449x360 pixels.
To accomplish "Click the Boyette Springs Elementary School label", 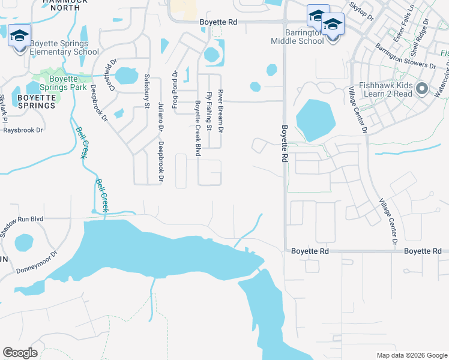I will coord(64,47).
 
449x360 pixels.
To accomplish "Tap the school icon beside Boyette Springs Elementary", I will coord(19,37).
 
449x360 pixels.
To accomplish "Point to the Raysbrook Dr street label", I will coord(23,130).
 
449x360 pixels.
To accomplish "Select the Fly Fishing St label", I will coord(209,111).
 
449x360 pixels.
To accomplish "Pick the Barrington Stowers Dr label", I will coord(406,56).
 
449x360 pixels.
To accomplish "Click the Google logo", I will coord(20,353).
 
